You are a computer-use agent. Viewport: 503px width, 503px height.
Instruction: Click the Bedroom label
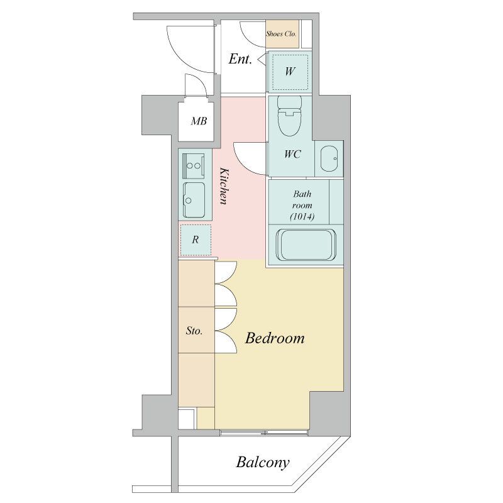pyautogui.click(x=275, y=338)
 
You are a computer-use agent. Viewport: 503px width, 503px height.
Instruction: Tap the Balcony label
pyautogui.click(x=263, y=463)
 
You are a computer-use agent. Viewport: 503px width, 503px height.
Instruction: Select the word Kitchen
pyautogui.click(x=224, y=185)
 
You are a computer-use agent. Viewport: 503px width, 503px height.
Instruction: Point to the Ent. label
pyautogui.click(x=240, y=59)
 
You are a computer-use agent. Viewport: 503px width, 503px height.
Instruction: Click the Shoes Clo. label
pyautogui.click(x=281, y=33)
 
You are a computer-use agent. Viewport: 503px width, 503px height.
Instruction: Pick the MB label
pyautogui.click(x=199, y=121)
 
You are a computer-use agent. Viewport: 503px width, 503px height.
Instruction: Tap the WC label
pyautogui.click(x=292, y=154)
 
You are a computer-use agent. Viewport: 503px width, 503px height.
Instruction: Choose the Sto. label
pyautogui.click(x=194, y=331)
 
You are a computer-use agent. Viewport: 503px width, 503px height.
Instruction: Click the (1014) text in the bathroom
pyautogui.click(x=302, y=217)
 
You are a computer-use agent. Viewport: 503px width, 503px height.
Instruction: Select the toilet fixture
pyautogui.click(x=289, y=116)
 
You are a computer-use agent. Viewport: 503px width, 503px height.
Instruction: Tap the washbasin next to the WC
pyautogui.click(x=328, y=159)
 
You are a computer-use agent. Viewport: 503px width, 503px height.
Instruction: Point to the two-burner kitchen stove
pyautogui.click(x=194, y=165)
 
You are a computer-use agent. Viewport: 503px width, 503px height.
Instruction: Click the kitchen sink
pyautogui.click(x=194, y=200)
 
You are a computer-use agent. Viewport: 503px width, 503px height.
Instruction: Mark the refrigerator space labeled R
pyautogui.click(x=196, y=240)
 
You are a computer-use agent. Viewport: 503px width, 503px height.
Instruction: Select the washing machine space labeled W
pyautogui.click(x=290, y=72)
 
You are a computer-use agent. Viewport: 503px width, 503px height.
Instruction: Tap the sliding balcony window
pyautogui.click(x=264, y=433)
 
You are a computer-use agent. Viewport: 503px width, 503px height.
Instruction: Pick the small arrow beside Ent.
pyautogui.click(x=261, y=59)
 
